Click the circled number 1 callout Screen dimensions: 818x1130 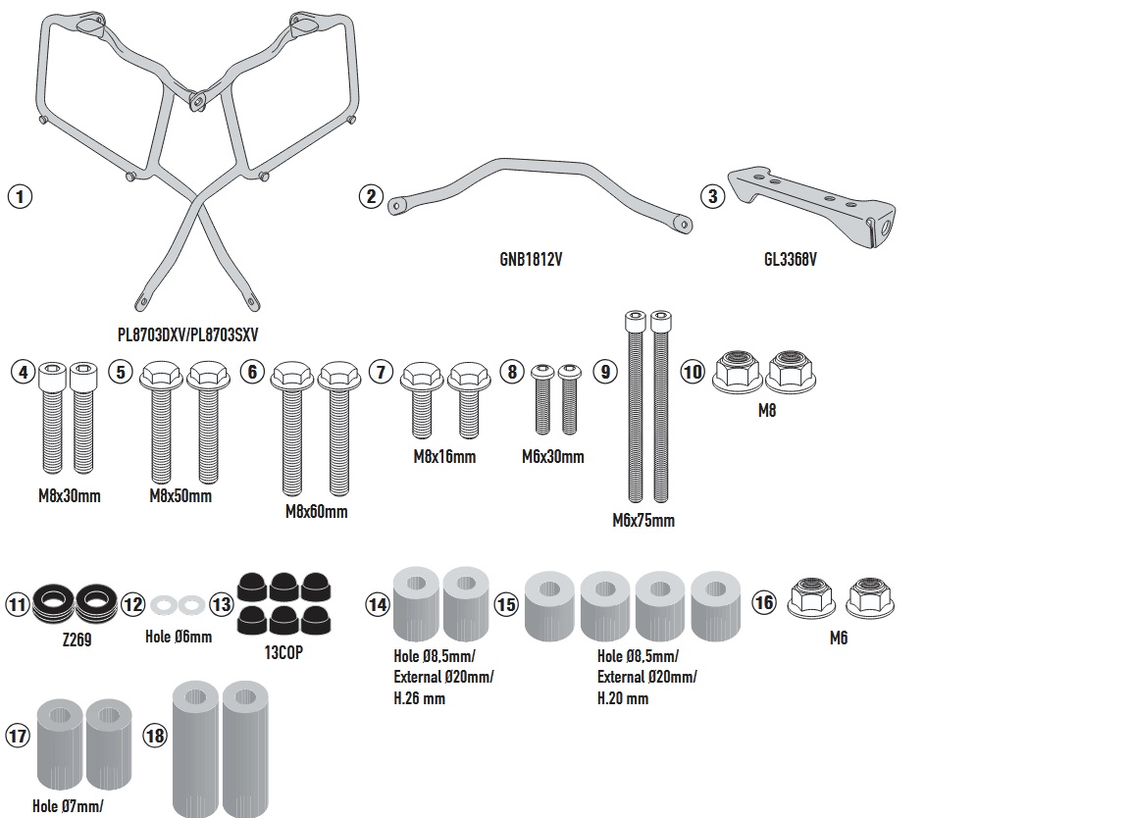coord(19,196)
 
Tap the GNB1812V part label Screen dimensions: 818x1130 coord(530,259)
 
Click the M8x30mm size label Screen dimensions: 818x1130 coord(69,496)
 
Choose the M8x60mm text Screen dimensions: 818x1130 coord(316,512)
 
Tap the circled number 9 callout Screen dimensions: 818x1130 coord(605,372)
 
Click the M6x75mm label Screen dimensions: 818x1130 coord(643,521)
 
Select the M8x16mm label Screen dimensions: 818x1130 coord(444,456)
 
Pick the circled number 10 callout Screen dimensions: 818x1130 coord(693,372)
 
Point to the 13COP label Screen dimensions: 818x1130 coord(283,651)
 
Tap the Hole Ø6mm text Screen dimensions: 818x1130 coord(179,636)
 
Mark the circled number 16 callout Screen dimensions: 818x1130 coord(763,603)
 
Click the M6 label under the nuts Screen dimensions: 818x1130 coord(838,639)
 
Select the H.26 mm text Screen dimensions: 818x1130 coord(419,698)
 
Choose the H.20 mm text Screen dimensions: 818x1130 coord(623,698)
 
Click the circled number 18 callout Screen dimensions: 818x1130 coord(155,736)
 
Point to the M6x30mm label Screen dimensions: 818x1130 coord(554,456)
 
